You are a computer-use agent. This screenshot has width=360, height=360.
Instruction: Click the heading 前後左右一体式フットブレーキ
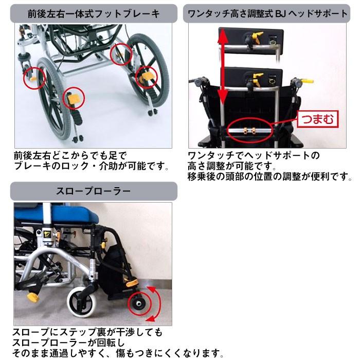(x=93, y=12)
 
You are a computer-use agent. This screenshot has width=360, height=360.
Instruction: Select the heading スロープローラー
(x=93, y=191)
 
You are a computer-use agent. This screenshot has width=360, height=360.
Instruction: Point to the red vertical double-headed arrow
(x=223, y=67)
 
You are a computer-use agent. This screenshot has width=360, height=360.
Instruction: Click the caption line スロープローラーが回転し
(x=69, y=343)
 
